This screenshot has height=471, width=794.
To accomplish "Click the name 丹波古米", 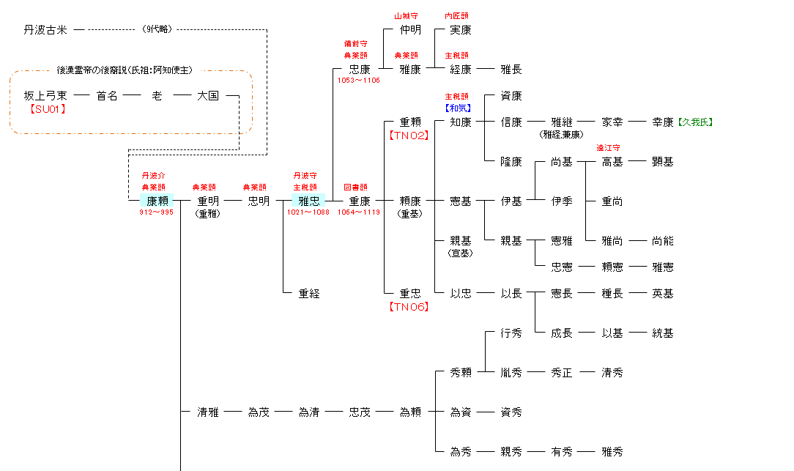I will click(45, 30).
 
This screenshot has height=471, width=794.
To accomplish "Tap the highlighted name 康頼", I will click(157, 201).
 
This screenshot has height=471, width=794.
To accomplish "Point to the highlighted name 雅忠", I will click(309, 201).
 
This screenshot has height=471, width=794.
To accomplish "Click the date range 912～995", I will click(157, 212).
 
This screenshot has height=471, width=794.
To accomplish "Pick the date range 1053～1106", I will click(359, 81).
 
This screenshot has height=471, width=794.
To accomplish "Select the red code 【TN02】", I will click(409, 136).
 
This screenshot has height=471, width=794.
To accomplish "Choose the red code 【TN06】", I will click(409, 307).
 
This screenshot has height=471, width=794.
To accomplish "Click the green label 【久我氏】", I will click(694, 122).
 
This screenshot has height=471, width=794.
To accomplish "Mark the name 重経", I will click(309, 294).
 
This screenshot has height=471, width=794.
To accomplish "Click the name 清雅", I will click(208, 412).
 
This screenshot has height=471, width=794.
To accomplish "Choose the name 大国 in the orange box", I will click(208, 96).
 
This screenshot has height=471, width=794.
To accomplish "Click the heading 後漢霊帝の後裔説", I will click(91, 70).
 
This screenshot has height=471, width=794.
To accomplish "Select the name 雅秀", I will click(612, 452).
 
